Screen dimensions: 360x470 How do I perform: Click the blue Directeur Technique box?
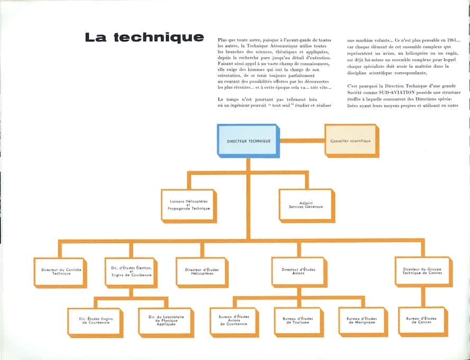[247, 141]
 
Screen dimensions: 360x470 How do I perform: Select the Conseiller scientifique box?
[350, 141]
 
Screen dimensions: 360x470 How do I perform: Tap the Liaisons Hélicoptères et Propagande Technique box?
[189, 205]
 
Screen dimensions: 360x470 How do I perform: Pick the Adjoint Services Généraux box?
[306, 205]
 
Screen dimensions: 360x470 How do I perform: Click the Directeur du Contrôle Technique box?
[59, 272]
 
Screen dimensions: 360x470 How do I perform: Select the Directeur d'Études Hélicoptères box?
[202, 272]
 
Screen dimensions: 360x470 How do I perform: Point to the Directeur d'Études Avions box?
[298, 272]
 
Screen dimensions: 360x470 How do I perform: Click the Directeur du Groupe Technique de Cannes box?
[422, 272]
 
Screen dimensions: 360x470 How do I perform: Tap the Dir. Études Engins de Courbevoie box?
[94, 321]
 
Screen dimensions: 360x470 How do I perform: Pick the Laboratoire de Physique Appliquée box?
[165, 321]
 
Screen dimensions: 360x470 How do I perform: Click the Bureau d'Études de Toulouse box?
[298, 320]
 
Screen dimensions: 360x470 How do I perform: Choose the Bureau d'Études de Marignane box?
[364, 320]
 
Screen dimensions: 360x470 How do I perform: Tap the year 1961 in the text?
[449, 40]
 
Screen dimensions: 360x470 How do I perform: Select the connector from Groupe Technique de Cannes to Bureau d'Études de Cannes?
[422, 298]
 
